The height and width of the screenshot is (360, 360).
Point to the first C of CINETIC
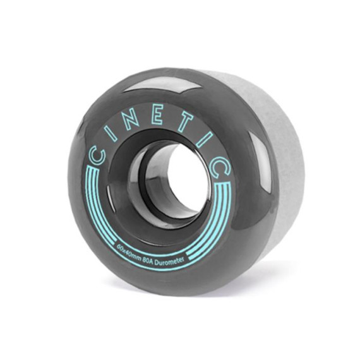click(x=97, y=157)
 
